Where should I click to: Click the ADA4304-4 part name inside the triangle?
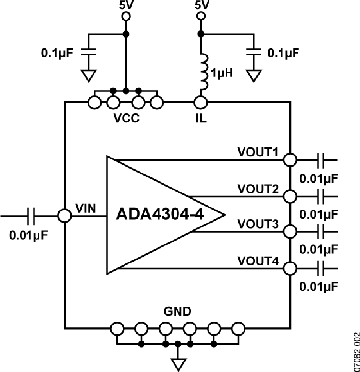(x=160, y=215)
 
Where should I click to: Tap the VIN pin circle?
(x=64, y=215)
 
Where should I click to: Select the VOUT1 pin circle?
(x=290, y=160)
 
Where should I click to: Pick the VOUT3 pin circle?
(x=290, y=231)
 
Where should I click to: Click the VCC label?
(x=126, y=119)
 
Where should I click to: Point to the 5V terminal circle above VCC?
(x=126, y=16)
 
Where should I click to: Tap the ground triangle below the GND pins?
(x=177, y=364)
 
